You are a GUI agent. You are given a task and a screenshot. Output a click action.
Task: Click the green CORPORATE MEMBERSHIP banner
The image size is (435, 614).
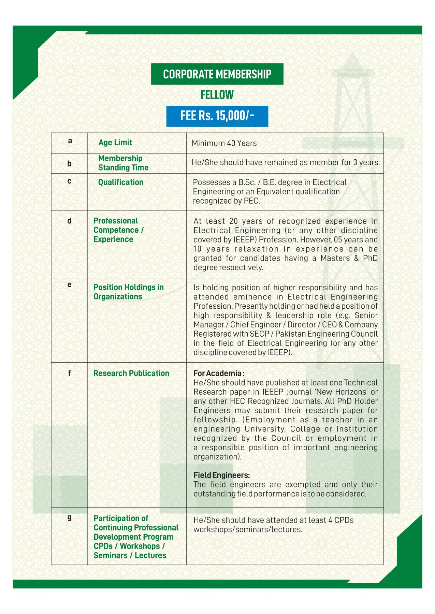(x=217, y=74)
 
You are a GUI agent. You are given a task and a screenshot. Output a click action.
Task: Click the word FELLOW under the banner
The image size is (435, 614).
(x=217, y=95)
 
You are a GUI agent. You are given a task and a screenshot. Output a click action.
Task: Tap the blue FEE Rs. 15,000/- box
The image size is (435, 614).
(x=217, y=116)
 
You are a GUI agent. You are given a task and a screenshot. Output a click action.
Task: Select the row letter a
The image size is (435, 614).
(x=70, y=141)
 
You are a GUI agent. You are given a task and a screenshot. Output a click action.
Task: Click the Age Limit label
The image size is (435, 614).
(x=115, y=143)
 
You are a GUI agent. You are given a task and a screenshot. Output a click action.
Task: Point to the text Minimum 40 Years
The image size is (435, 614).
(x=224, y=143)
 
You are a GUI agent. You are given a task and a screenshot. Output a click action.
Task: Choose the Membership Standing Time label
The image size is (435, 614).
(x=123, y=163)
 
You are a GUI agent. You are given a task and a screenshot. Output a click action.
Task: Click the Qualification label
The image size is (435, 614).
(x=121, y=182)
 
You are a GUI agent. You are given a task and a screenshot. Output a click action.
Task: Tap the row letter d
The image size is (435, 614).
(x=70, y=221)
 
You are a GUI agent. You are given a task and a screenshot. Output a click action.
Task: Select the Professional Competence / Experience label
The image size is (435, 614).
(x=118, y=230)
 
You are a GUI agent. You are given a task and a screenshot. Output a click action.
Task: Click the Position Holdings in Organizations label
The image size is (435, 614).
(x=128, y=292)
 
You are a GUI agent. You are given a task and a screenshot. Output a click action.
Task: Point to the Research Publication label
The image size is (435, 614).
(x=131, y=374)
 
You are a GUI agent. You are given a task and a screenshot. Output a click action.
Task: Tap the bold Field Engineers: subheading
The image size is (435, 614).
(x=222, y=475)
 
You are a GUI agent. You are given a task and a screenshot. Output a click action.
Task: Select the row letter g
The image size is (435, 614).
(x=70, y=517)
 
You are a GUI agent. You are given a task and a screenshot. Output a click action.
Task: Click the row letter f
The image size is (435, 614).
(x=70, y=374)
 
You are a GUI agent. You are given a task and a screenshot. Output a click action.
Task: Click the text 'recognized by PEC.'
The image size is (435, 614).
(x=227, y=201)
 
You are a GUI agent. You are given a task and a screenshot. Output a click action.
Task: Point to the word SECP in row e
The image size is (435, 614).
(x=259, y=334)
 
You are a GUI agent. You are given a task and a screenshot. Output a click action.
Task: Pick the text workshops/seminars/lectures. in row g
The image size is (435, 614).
(x=248, y=530)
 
